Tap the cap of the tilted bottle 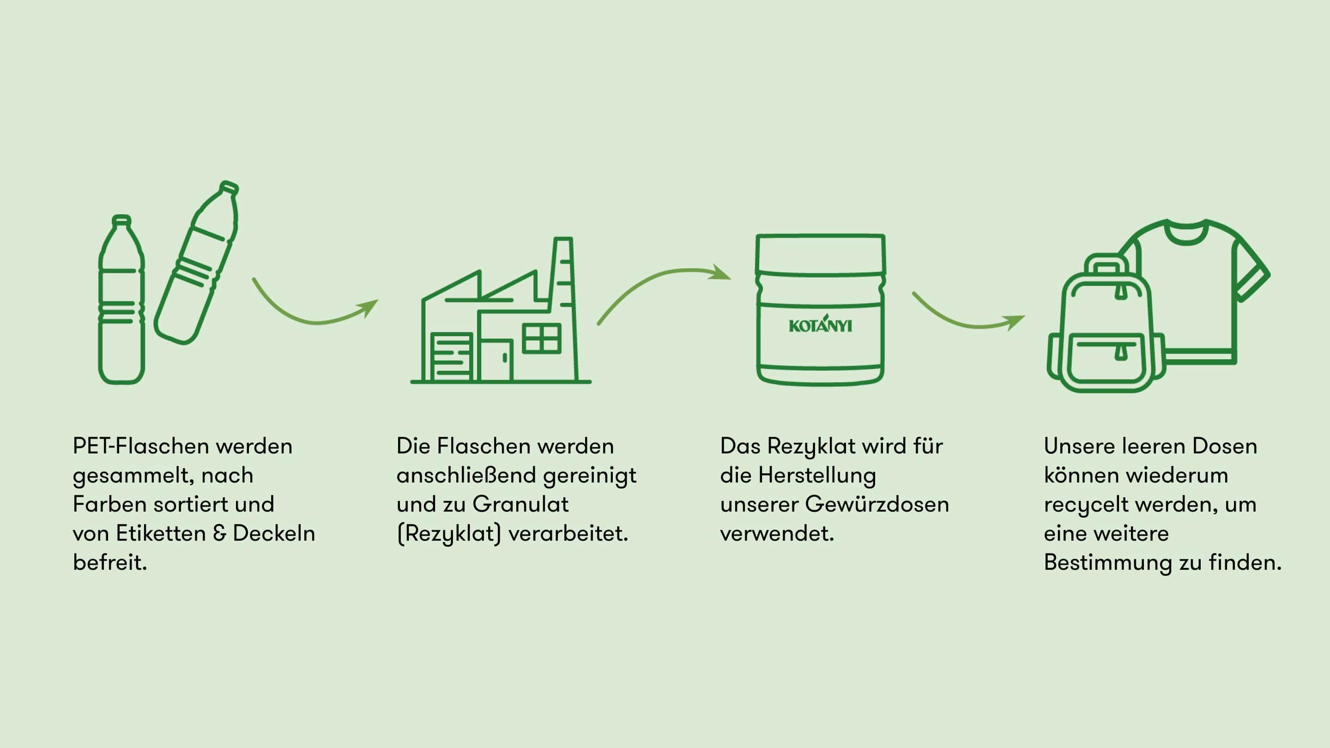tap(229, 187)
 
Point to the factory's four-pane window tap(541, 338)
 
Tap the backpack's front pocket tap(1105, 359)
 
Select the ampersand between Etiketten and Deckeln tap(219, 533)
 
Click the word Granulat tap(520, 504)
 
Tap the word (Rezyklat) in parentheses tap(449, 534)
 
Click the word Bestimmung tap(1107, 562)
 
